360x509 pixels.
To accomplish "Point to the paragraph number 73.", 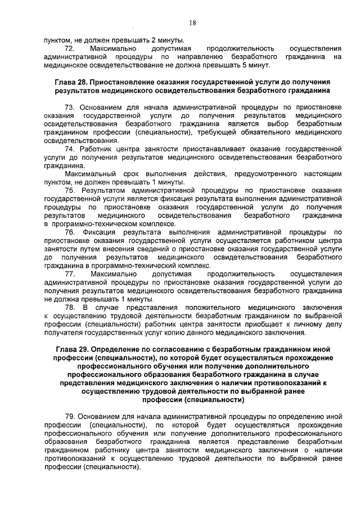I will point(70,107).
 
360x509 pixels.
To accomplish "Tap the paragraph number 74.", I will point(70,148).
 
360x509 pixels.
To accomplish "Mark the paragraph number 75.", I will point(70,190).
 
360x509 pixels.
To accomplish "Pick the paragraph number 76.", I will point(70,232).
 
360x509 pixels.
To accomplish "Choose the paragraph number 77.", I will point(70,273).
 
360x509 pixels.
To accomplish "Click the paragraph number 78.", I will point(70,307).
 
